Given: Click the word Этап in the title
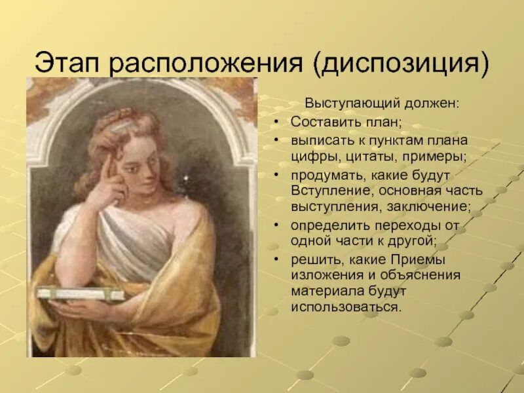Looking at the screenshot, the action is coord(67,62).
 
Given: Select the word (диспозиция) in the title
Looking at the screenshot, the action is coord(401,64).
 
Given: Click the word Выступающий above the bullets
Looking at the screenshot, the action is coord(352,104).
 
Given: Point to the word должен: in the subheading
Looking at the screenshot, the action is coord(432,103).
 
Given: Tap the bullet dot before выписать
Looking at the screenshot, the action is coord(276,140).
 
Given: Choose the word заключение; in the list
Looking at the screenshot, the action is coord(429,207).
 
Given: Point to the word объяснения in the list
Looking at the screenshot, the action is coord(421,276).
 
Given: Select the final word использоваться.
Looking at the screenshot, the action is coord(346,307).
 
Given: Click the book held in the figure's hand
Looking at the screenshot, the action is coord(80,294).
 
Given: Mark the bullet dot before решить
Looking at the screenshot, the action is coord(276,259).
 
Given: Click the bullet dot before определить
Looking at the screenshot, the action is coord(276,225).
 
